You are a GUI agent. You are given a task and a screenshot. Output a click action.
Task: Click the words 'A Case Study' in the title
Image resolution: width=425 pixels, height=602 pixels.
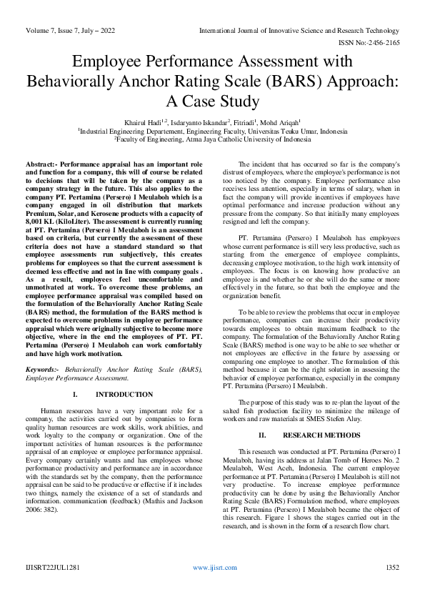[212, 100]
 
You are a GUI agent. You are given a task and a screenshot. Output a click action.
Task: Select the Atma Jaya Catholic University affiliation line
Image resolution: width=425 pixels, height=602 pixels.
[212, 140]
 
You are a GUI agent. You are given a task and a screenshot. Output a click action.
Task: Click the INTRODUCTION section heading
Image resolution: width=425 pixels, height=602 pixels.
[124, 395]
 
